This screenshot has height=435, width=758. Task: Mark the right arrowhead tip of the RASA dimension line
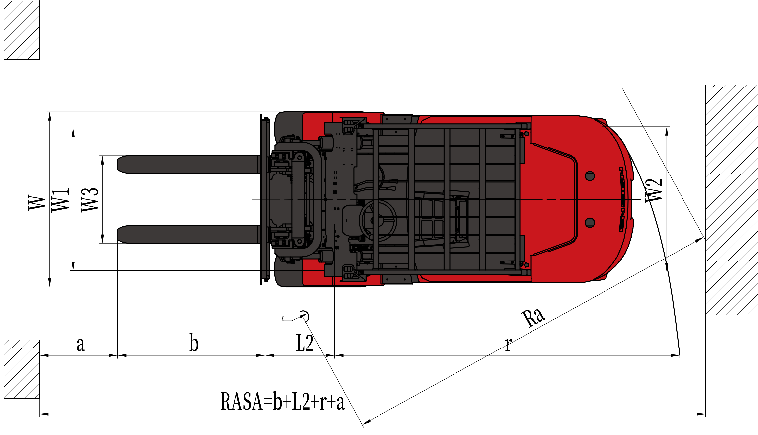click(x=705, y=414)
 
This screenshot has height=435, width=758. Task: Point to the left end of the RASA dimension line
click(x=40, y=414)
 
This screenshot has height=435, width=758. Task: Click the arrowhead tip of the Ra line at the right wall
click(x=703, y=239)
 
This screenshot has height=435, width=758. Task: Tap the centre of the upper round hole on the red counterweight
click(x=590, y=176)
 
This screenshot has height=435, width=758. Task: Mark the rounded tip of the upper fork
click(x=117, y=165)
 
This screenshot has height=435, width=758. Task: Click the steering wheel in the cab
click(x=378, y=220)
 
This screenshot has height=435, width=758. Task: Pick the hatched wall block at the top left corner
click(x=22, y=30)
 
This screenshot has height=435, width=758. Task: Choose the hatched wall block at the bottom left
click(x=22, y=369)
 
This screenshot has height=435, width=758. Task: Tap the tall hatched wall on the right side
click(x=731, y=200)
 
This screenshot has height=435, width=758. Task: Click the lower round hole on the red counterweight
click(x=590, y=223)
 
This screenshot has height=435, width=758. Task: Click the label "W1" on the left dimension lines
click(x=60, y=200)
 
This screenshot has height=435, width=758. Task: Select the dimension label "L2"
click(x=305, y=343)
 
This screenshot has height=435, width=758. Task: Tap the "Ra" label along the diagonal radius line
click(x=533, y=318)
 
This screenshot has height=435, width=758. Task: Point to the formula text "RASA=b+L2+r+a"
click(x=282, y=402)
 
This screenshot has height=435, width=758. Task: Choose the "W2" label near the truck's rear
click(x=653, y=191)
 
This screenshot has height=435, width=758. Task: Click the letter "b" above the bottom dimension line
click(x=194, y=343)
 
